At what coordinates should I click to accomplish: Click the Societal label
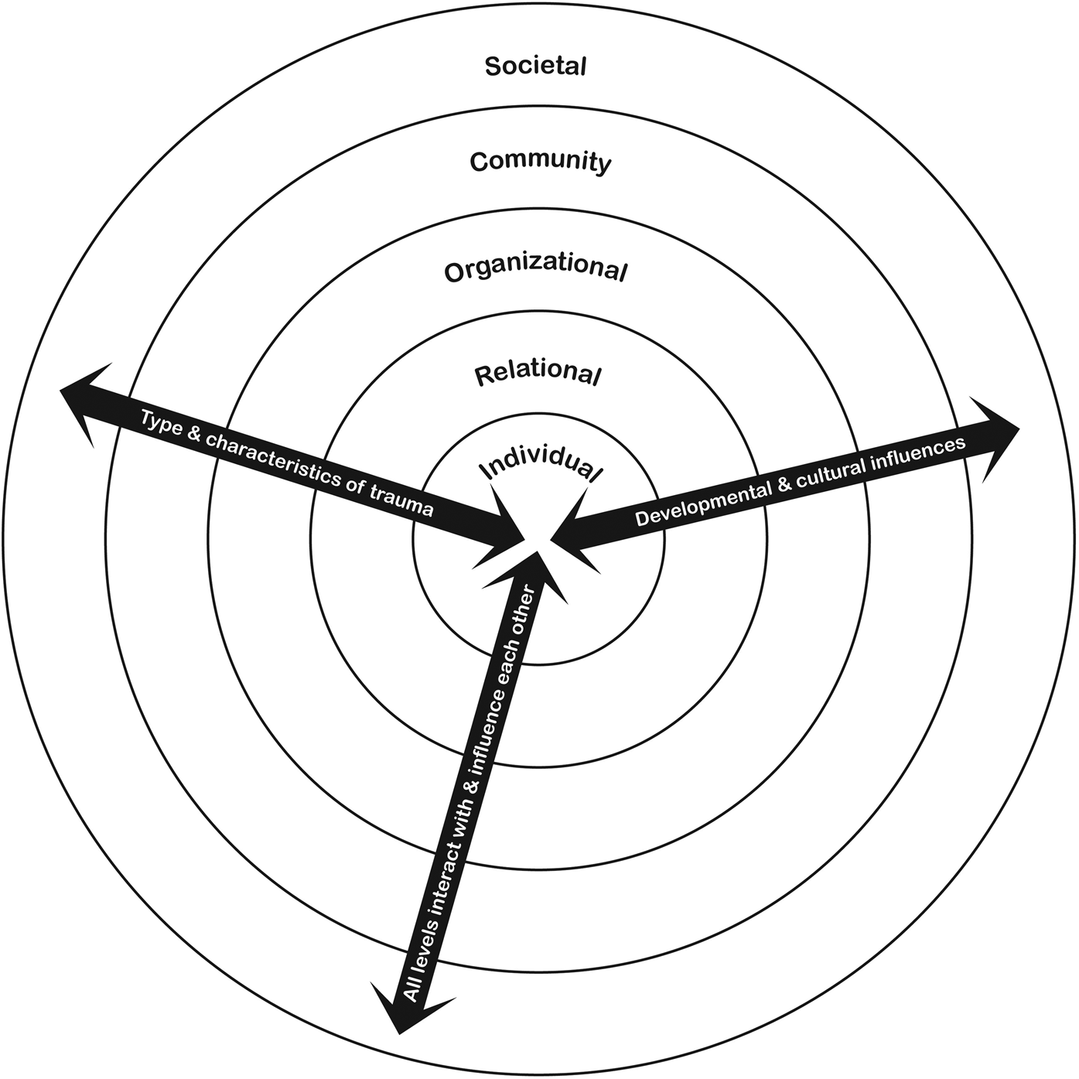pyautogui.click(x=535, y=66)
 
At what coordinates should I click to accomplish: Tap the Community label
pyautogui.click(x=540, y=162)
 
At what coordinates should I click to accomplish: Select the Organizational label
pyautogui.click(x=535, y=270)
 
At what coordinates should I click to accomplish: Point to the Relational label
pyautogui.click(x=538, y=374)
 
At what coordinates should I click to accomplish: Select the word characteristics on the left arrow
pyautogui.click(x=279, y=461)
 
